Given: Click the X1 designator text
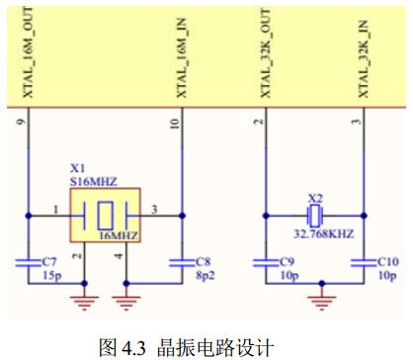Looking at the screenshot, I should [x=77, y=169].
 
